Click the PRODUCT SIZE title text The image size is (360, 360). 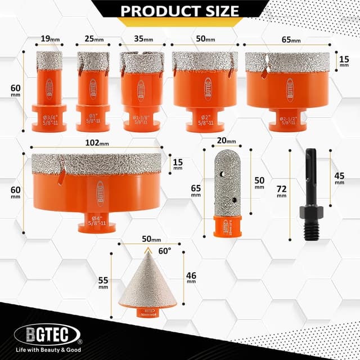click(180, 10)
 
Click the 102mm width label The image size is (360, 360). click(96, 143)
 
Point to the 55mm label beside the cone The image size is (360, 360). click(103, 282)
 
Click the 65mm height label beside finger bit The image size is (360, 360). click(196, 190)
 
